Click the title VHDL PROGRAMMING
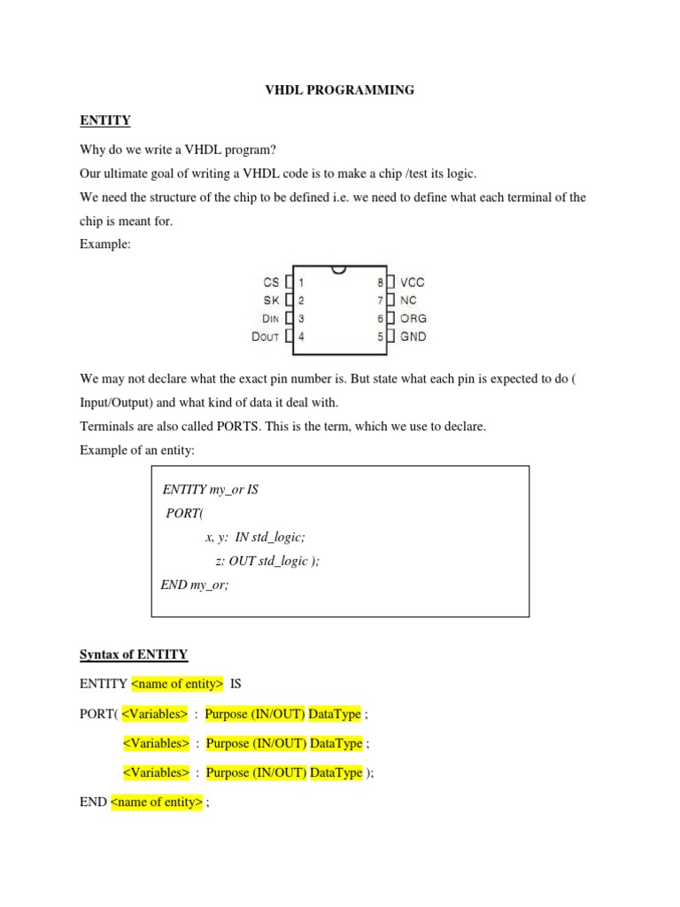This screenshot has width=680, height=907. [x=341, y=90]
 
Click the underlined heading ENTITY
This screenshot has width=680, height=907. [x=105, y=120]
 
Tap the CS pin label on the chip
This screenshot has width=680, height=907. [x=270, y=283]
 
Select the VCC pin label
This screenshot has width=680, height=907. [x=413, y=283]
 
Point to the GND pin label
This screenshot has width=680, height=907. [x=413, y=337]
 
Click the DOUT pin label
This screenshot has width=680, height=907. [x=266, y=337]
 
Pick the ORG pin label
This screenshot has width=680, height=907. [x=413, y=318]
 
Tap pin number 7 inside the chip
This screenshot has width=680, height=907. [x=380, y=300]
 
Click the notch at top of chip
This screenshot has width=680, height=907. [x=340, y=268]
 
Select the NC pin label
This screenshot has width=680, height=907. [x=408, y=300]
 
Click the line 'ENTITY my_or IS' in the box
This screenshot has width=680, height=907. [x=211, y=490]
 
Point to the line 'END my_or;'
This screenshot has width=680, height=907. [x=195, y=585]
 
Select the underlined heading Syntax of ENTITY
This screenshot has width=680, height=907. [x=134, y=655]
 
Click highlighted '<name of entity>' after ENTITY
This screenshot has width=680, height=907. [x=177, y=684]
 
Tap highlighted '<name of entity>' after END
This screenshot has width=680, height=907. [x=157, y=803]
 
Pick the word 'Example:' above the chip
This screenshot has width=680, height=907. [x=104, y=245]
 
